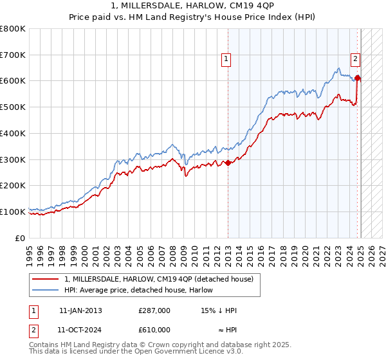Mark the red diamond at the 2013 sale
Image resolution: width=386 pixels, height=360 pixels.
pos(228,163)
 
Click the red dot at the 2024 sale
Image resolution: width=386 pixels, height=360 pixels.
pos(357,78)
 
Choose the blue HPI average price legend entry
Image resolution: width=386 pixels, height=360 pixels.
pos(141,290)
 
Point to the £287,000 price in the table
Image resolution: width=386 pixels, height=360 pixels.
pos(154,310)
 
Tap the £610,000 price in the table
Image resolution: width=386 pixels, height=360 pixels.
pos(154,329)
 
